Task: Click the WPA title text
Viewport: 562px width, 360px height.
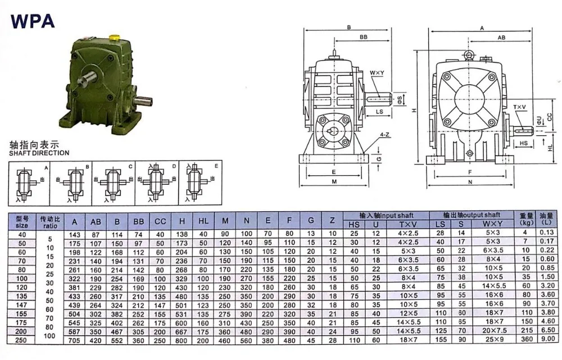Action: pos(33,21)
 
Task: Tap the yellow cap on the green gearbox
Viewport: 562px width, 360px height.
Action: pos(114,37)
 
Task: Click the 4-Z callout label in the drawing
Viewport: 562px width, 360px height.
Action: pos(384,135)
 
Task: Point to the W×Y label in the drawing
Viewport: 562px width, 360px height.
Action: pos(377,72)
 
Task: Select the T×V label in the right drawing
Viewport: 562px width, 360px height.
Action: pos(519,107)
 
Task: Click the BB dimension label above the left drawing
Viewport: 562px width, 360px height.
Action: pos(364,37)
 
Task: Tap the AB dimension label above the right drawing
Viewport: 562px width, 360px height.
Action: pos(501,37)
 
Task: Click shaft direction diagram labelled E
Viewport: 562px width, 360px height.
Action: pos(201,183)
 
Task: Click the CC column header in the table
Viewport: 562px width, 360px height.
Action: pos(160,222)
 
